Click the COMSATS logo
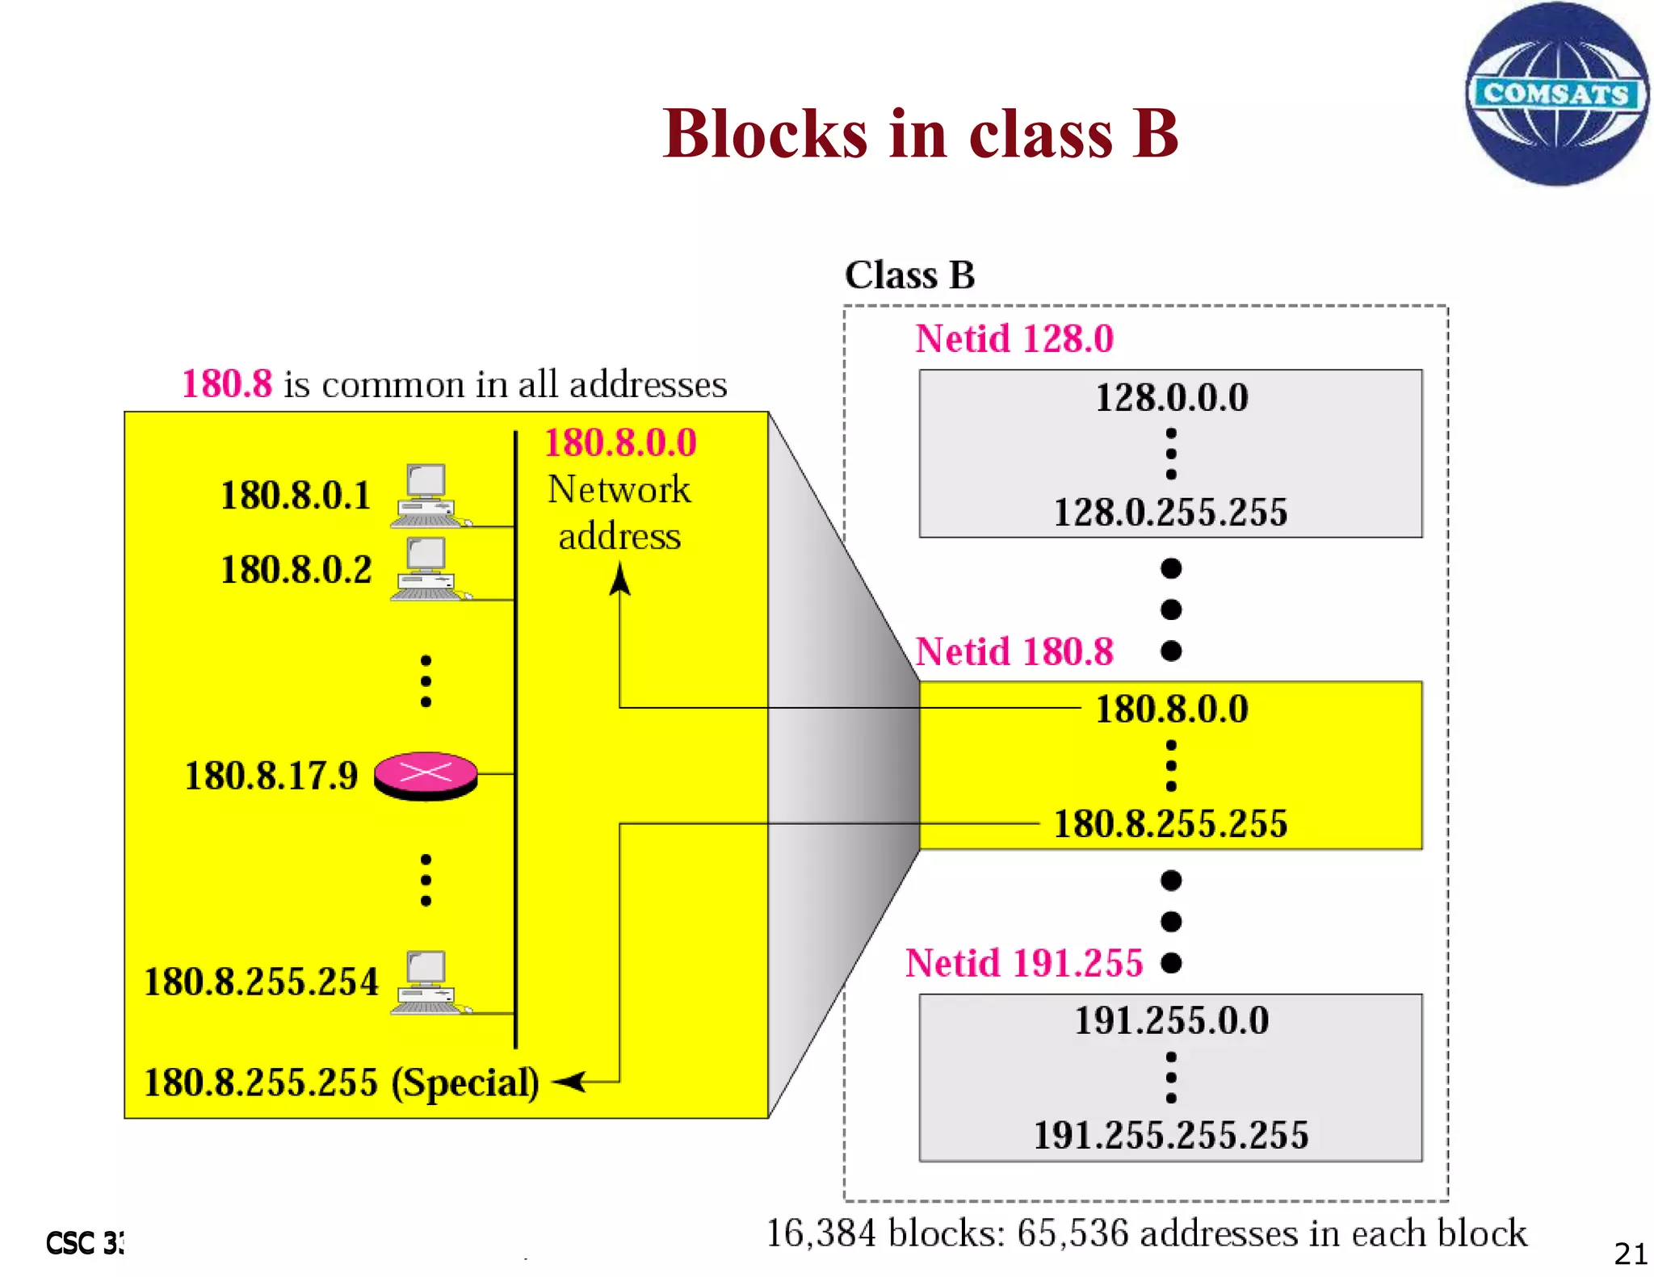(1556, 94)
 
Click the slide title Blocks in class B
(920, 133)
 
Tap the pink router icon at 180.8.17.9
(426, 775)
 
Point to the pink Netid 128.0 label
(1014, 338)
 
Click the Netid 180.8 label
(1014, 651)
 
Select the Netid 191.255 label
(1024, 963)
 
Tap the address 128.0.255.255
(1170, 512)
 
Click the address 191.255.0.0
(1171, 1020)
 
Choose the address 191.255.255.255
(1171, 1135)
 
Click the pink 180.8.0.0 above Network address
(620, 442)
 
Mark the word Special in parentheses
(465, 1082)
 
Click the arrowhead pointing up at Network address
(619, 578)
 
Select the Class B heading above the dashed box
(909, 275)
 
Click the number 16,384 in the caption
(820, 1233)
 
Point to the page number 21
(1630, 1254)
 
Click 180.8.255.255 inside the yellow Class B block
(1170, 824)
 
